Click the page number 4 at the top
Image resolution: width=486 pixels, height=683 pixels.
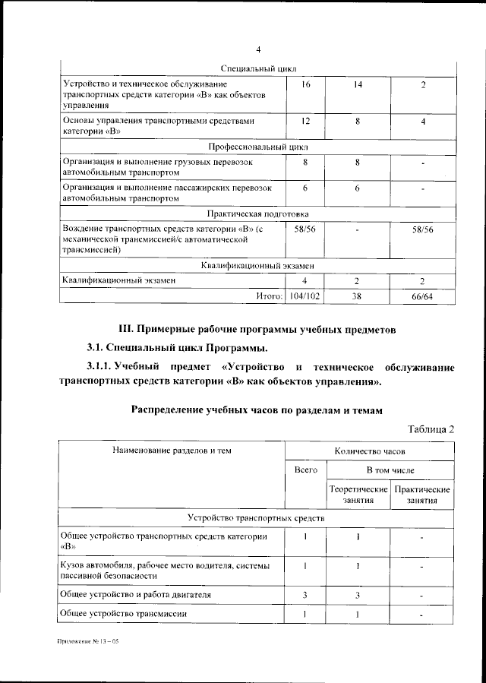258,50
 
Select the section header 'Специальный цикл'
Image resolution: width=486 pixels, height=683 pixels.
258,69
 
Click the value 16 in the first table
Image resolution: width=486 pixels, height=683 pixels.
306,84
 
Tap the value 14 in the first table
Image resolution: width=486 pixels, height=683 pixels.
358,84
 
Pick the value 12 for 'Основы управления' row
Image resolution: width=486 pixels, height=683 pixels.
306,122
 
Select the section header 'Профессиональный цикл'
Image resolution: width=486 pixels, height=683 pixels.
258,145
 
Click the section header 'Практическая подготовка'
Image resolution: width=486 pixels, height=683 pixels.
258,213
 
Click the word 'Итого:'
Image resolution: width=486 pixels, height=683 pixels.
269,296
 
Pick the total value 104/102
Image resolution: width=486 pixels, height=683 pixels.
306,296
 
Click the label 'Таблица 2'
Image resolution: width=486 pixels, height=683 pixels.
431,428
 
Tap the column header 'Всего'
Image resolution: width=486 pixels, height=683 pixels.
306,470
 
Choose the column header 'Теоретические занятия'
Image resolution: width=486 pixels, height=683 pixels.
358,495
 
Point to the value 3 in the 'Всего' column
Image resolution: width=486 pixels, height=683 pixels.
306,593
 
